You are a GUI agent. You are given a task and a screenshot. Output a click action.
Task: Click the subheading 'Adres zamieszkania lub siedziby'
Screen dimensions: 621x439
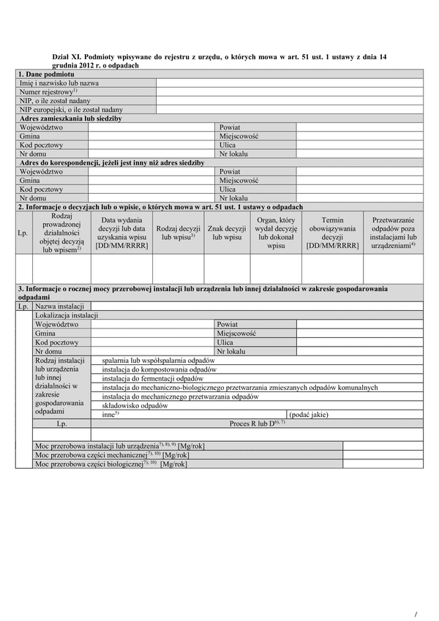pyautogui.click(x=70, y=118)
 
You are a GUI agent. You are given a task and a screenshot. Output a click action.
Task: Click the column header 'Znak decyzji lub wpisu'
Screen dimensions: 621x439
pyautogui.click(x=227, y=233)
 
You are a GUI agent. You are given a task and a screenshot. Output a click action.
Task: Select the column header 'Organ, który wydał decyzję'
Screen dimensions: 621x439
pyautogui.click(x=276, y=233)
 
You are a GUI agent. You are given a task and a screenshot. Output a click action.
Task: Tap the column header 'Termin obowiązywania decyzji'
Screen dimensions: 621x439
pyautogui.click(x=332, y=233)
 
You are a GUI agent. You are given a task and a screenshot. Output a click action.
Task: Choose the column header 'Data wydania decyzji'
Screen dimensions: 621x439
pyautogui.click(x=122, y=233)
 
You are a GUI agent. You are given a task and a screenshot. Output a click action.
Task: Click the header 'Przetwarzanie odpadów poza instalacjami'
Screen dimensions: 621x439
pyautogui.click(x=393, y=233)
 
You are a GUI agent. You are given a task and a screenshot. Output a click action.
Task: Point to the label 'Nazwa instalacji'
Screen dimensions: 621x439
pyautogui.click(x=59, y=306)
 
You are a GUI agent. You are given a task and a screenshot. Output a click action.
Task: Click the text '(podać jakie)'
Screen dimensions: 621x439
pyautogui.click(x=309, y=415)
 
